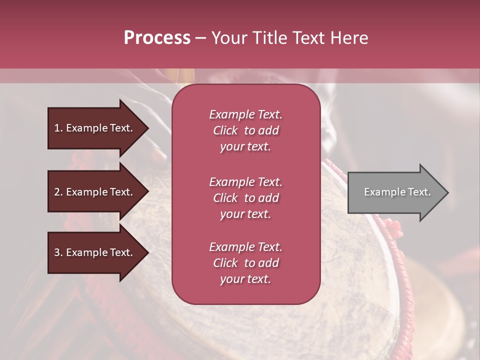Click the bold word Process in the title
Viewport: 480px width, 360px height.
(x=157, y=38)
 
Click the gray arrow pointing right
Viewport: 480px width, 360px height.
(x=395, y=192)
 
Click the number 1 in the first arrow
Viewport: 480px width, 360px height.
(x=57, y=128)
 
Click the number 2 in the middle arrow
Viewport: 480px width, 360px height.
(x=57, y=192)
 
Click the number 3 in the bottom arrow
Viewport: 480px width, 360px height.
(x=57, y=252)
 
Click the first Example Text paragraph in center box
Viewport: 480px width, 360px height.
(x=245, y=130)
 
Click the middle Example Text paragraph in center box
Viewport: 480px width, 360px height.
(x=245, y=198)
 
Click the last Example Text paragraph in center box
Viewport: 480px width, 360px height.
(x=245, y=263)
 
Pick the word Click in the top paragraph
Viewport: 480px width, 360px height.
(x=225, y=130)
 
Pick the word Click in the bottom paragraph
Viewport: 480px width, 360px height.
(x=225, y=263)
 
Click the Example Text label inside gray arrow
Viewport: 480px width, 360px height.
(x=397, y=192)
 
